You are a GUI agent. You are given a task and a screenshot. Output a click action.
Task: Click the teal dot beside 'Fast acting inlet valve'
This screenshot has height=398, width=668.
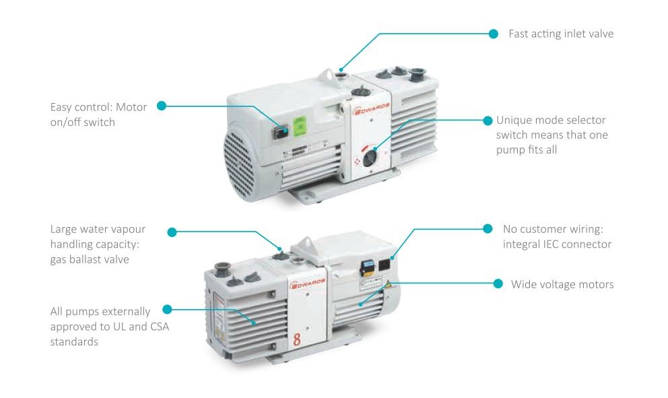(494, 34)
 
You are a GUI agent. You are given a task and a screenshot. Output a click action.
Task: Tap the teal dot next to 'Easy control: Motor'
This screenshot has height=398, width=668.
(162, 106)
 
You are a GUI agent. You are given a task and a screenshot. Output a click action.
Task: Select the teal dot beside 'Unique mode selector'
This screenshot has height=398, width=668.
(488, 121)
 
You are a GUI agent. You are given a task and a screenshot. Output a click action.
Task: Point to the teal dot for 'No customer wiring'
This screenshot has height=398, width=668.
(488, 229)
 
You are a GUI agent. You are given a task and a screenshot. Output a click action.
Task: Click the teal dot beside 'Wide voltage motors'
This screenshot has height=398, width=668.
(498, 284)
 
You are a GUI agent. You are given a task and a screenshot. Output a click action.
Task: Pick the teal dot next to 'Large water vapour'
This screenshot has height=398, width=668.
(172, 232)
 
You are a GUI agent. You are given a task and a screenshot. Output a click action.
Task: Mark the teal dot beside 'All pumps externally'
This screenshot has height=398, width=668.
(168, 309)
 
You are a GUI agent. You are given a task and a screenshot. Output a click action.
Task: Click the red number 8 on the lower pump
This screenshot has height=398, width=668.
(297, 339)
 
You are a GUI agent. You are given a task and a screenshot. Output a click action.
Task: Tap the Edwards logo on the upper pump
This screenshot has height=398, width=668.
(370, 109)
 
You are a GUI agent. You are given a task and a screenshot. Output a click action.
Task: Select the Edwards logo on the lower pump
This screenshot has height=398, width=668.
(307, 283)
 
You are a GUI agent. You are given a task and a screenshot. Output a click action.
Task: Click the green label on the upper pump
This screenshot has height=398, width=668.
(300, 125)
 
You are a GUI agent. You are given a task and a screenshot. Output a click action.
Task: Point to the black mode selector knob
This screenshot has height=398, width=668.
(370, 158)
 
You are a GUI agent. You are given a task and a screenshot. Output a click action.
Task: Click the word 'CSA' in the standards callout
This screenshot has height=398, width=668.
(160, 327)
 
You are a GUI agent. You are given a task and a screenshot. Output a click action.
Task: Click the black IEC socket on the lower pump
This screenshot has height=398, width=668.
(385, 265)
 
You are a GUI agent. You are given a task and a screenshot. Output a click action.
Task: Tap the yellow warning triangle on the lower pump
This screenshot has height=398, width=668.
(389, 284)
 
